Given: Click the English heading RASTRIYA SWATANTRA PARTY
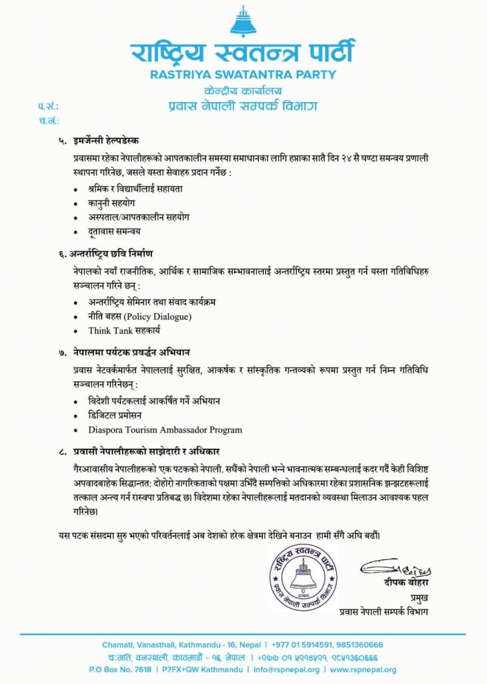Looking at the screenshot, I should pos(243,75).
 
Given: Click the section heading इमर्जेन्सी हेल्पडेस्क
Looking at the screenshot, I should pos(107,141).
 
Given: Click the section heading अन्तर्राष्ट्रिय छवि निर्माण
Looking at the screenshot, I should pos(114,254).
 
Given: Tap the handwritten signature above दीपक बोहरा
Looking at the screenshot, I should pos(396,570).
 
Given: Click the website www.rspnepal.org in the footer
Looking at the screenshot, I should pos(364,669).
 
